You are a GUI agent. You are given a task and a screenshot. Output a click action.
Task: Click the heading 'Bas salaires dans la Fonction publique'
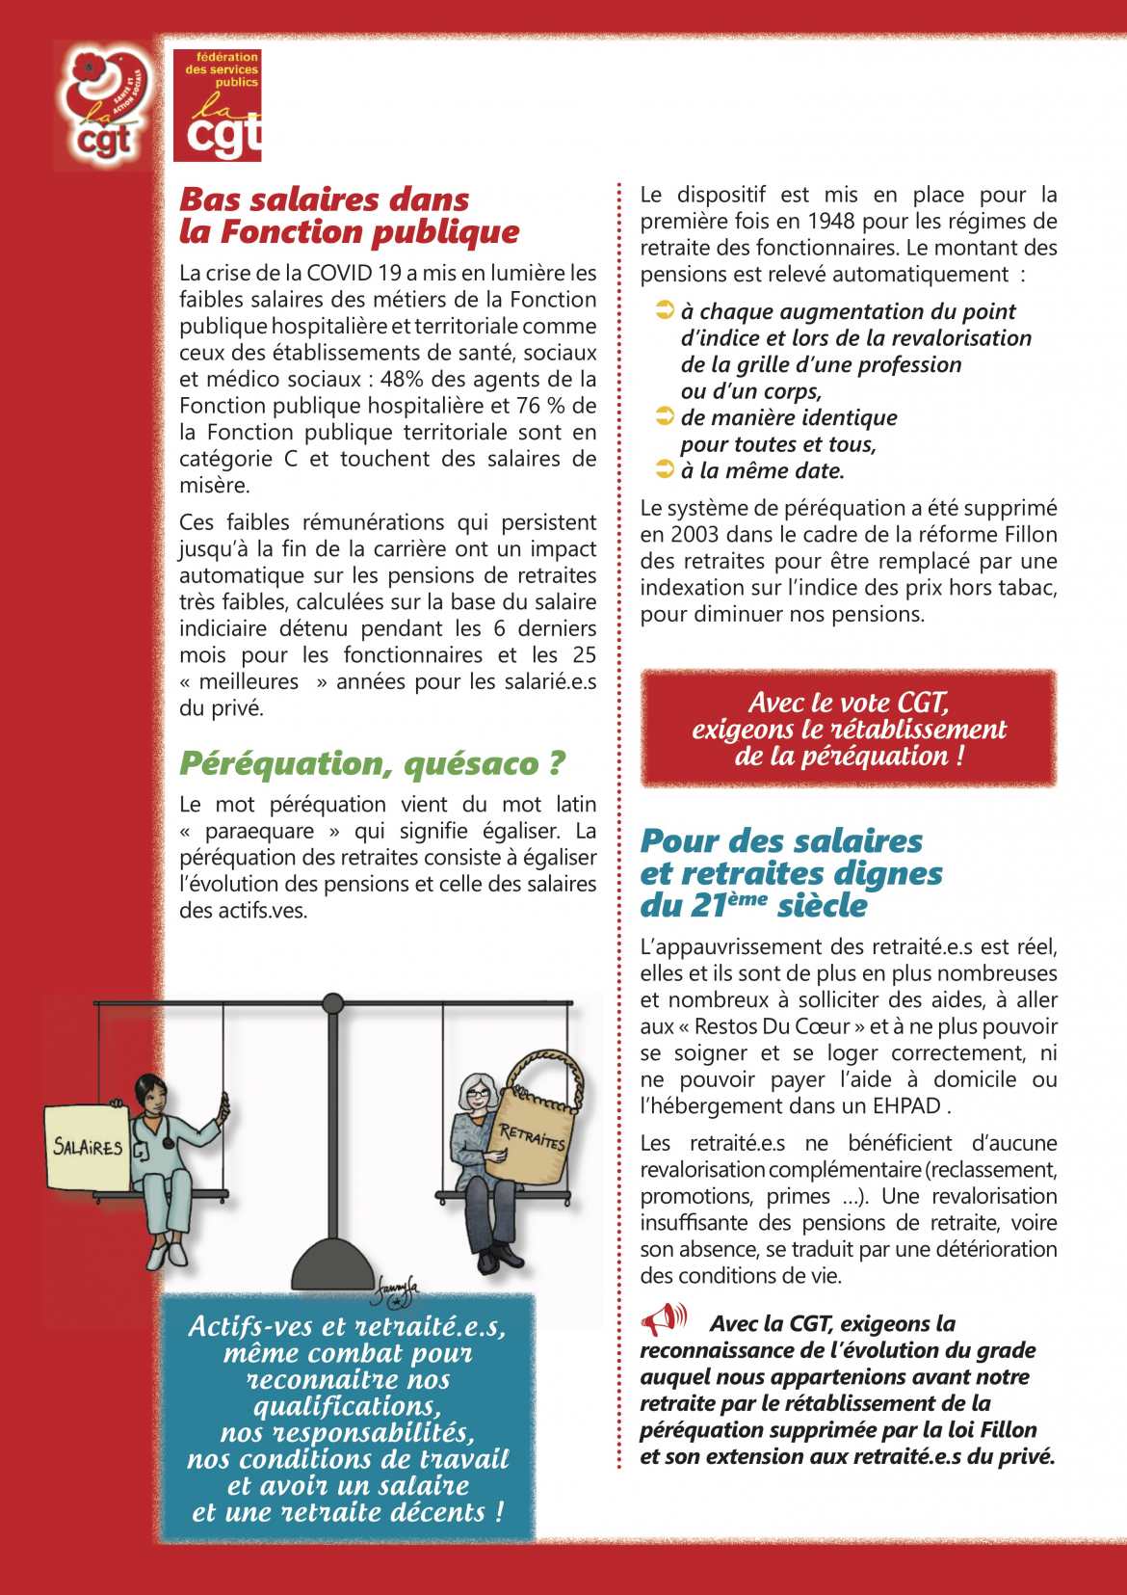pyautogui.click(x=349, y=216)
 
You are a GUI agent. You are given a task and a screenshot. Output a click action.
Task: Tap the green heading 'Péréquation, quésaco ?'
pyautogui.click(x=372, y=763)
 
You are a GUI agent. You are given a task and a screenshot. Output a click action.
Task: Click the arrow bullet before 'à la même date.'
pyautogui.click(x=665, y=470)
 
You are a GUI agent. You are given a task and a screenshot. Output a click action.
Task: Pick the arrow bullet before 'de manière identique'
pyautogui.click(x=665, y=416)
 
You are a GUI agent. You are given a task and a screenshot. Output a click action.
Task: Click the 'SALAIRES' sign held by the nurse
pyautogui.click(x=88, y=1146)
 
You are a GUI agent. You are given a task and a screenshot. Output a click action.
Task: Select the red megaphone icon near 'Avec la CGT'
pyautogui.click(x=664, y=1318)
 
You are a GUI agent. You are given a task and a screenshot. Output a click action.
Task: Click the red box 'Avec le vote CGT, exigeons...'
pyautogui.click(x=849, y=729)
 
